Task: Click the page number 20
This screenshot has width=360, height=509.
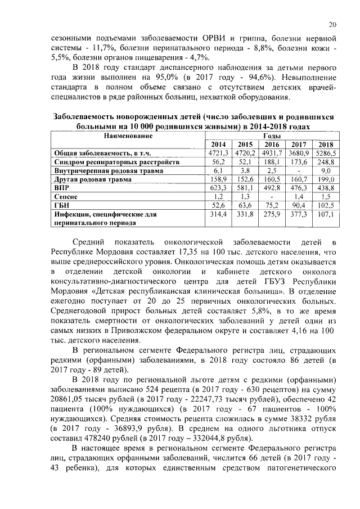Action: point(332,24)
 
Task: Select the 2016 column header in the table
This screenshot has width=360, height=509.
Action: point(272,145)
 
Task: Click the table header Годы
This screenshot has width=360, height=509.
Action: point(272,136)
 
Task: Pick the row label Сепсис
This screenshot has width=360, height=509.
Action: point(65,197)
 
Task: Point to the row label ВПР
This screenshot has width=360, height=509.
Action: point(61,188)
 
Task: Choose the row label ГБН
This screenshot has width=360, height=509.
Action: point(61,205)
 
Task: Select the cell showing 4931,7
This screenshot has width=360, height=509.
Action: point(272,152)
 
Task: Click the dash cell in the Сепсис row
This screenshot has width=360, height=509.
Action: point(272,197)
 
